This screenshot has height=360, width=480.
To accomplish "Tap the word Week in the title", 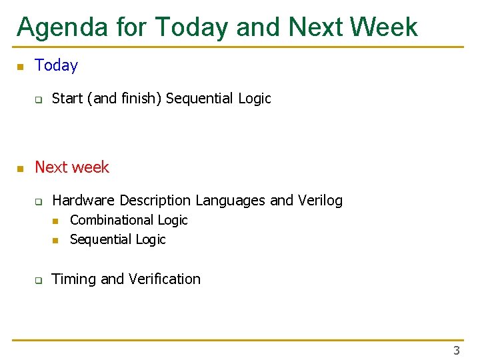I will tap(385, 27).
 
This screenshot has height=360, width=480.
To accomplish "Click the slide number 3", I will tap(457, 350).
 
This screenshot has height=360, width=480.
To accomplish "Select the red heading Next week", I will tap(72, 167).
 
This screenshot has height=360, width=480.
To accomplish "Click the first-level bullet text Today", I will tap(57, 65).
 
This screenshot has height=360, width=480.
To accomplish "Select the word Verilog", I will tap(317, 200).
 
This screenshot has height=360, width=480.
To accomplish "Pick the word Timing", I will tap(73, 279).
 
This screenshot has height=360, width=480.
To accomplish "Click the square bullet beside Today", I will tap(20, 66).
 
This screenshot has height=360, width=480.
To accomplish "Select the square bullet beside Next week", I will tap(20, 168).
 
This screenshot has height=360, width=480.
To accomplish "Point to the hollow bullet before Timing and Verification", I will tap(39, 280).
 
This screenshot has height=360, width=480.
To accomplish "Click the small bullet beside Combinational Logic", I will tap(56, 221).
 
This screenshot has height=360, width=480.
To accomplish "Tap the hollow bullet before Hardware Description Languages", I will tap(39, 201).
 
